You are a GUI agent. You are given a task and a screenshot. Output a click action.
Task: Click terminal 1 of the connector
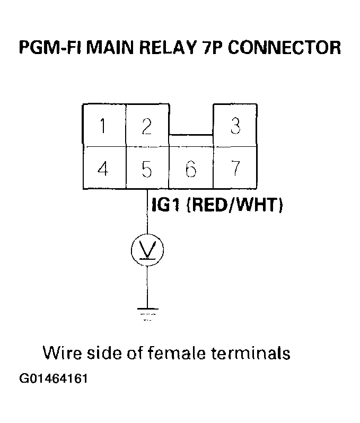point(103,126)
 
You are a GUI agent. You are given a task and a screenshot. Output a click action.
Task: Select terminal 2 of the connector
point(147,126)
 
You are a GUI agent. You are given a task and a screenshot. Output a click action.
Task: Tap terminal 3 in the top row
point(235,126)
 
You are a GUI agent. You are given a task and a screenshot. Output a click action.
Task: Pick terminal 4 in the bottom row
point(103,168)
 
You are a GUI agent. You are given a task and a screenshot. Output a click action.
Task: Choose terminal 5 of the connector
point(147,168)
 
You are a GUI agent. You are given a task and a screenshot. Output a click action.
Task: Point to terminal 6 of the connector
point(191,168)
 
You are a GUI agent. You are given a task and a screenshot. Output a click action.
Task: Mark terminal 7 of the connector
point(235,168)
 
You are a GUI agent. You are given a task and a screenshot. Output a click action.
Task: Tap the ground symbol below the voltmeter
point(147,313)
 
